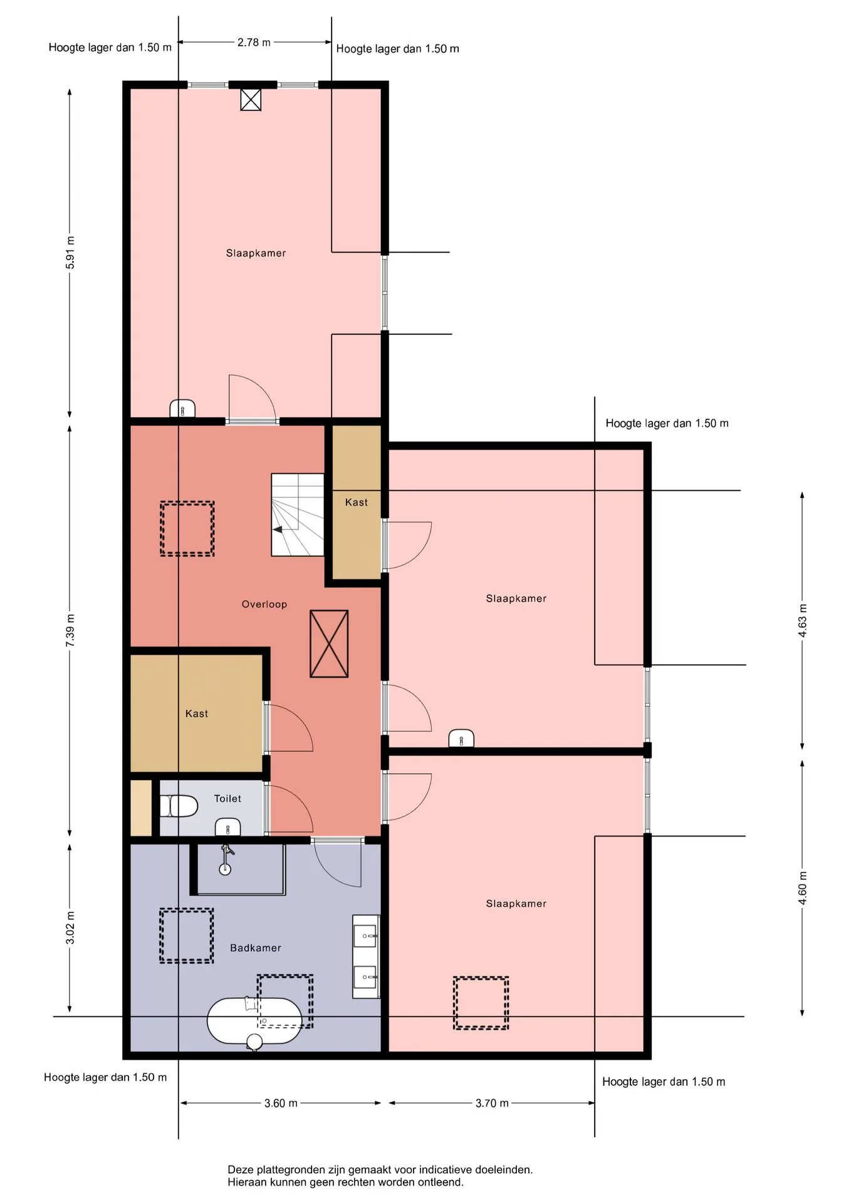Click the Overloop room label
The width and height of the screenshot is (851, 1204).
[x=264, y=605]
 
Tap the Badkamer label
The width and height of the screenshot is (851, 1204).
[x=255, y=948]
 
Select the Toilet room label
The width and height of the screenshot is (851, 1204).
[x=227, y=799]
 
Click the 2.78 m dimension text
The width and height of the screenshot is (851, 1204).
[x=254, y=43]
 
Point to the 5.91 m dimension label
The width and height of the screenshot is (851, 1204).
[x=70, y=253]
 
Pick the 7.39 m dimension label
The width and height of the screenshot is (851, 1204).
[x=70, y=631]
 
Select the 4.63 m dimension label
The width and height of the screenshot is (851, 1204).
[x=803, y=621]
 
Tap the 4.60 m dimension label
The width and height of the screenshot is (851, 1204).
[x=803, y=888]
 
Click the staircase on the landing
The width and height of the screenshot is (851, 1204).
[x=298, y=515]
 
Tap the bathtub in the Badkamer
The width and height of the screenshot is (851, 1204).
[x=254, y=1022]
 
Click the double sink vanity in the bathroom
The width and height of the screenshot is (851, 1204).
[x=366, y=957]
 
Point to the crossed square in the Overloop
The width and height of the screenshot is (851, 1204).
[x=329, y=644]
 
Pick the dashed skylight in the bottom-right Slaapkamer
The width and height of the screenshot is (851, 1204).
[x=481, y=1003]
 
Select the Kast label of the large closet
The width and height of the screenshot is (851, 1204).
[x=197, y=714]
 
